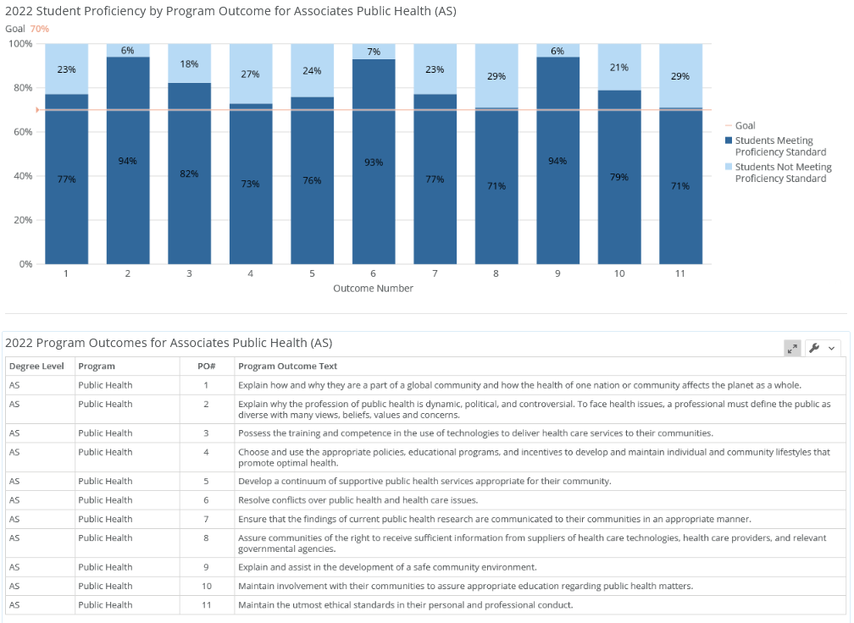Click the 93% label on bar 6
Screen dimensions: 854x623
coord(374,163)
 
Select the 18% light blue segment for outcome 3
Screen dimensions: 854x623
coord(189,63)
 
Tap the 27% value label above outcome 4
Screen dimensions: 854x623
coord(250,74)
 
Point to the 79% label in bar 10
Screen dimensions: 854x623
coord(619,177)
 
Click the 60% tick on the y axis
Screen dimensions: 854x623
coord(23,132)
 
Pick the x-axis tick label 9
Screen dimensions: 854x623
coord(557,273)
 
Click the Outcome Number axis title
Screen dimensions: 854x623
coord(373,289)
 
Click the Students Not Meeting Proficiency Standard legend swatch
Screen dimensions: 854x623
coord(729,167)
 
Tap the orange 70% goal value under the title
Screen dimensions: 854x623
coord(39,29)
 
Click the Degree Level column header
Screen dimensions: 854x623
coord(36,367)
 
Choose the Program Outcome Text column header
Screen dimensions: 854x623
coord(287,367)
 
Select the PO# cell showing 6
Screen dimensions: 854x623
coord(206,500)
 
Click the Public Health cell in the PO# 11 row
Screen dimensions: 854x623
coord(105,604)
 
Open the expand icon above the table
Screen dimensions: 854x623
coord(792,348)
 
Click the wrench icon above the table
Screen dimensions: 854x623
coord(815,348)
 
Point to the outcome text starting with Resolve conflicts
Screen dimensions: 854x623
coord(358,500)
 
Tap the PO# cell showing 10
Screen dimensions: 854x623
coord(207,586)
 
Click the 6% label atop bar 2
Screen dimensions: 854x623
coord(127,50)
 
